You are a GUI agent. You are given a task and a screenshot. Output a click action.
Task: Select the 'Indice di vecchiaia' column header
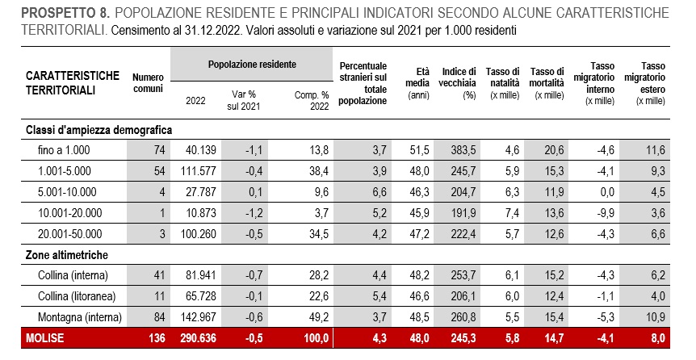[459, 83]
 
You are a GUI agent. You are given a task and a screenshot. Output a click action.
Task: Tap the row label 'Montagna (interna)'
[79, 317]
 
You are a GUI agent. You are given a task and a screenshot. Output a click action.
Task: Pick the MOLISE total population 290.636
[198, 338]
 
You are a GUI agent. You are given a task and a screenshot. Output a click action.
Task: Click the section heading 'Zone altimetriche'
[66, 255]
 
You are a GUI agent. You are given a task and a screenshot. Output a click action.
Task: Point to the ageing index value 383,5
[463, 150]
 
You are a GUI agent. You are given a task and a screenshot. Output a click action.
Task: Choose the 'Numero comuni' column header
[149, 83]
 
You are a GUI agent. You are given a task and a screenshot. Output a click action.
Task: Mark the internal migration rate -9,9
[605, 213]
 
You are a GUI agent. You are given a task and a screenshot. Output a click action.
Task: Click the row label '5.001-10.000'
[67, 192]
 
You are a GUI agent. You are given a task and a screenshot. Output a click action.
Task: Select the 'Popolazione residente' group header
[252, 65]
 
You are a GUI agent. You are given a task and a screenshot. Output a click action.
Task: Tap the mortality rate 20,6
[554, 150]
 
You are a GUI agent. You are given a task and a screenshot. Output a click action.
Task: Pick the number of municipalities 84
[159, 317]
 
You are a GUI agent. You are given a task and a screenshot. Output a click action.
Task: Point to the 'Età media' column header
[417, 83]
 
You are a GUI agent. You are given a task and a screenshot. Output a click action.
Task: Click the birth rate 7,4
[512, 213]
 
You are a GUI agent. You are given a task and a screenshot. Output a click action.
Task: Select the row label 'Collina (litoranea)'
[77, 296]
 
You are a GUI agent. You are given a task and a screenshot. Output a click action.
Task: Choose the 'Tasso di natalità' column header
[502, 83]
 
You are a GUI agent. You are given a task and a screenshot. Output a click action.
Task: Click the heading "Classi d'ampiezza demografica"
[99, 131]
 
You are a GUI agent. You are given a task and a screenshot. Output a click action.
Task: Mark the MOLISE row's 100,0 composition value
[316, 338]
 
